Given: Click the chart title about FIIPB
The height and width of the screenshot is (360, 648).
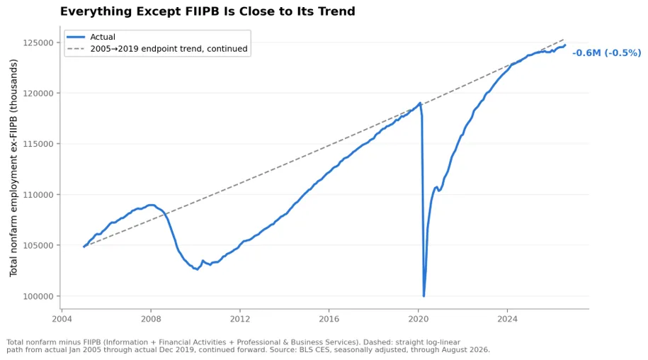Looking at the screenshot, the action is pos(208,11).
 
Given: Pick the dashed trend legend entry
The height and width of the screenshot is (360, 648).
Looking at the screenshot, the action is pos(157,49).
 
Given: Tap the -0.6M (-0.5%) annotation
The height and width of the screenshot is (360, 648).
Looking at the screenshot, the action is pos(606,53).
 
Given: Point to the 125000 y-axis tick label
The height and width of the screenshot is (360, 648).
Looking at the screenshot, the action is pos(38,43).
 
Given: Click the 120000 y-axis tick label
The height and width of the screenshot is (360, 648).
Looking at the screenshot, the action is pos(38,94).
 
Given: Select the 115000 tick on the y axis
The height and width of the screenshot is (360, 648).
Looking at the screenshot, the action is pos(38,144).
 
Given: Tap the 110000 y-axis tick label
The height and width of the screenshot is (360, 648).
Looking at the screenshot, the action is pos(38,195).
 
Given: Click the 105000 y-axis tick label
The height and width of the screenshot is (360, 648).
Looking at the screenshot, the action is pos(38,245).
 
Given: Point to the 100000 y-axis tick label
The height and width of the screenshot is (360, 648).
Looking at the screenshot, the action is pos(38,296).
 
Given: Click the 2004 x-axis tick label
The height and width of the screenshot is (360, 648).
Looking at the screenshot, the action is pos(62,319).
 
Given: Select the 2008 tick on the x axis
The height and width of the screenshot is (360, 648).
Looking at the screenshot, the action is pos(151,319).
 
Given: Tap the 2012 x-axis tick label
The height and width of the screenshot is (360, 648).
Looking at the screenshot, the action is pos(239,319).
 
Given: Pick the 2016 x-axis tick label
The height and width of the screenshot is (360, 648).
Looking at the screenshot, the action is pos(329,319).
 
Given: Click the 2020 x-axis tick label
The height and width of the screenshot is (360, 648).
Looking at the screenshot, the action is pos(419,319).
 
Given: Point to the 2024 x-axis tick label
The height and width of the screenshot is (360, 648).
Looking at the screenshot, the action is pos(507,319).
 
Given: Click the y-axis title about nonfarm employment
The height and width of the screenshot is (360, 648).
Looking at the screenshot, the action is pos(13,168).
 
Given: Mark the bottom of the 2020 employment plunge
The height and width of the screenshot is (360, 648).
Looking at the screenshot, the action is pos(424,296).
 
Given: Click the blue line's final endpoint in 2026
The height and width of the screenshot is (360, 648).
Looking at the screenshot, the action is pos(565,45).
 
